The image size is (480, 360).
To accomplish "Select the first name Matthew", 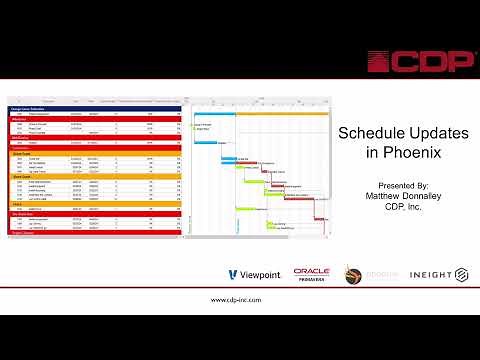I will tap(381, 196).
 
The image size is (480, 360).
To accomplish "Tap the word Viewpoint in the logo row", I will tap(261, 275).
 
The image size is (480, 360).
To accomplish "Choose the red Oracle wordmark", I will tap(312, 271).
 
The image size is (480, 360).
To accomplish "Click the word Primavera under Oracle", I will tap(313, 281).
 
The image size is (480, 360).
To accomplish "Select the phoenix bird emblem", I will tap(353, 275).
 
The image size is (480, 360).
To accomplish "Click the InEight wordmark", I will tap(425, 275).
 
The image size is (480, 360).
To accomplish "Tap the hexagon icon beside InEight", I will tap(462, 275).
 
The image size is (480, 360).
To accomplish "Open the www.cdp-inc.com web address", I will tap(240, 299).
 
